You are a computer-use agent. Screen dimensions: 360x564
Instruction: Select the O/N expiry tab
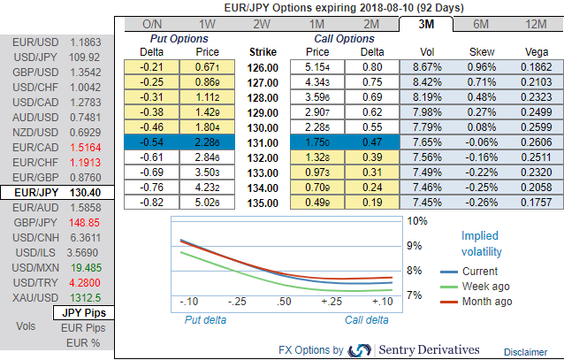coord(151,24)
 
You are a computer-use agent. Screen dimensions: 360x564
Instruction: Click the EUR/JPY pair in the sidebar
coord(57,192)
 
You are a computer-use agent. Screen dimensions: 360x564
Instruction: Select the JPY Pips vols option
coord(82,313)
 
